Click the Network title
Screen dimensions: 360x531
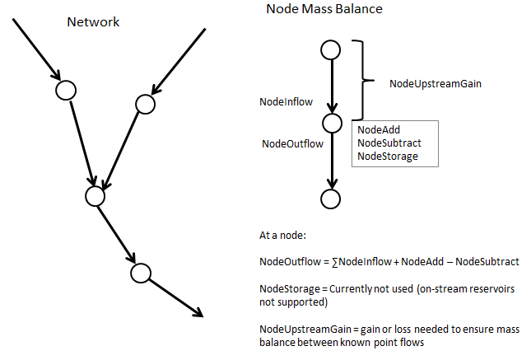point(93,21)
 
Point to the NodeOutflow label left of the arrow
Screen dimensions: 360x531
point(292,143)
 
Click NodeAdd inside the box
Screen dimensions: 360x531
point(380,129)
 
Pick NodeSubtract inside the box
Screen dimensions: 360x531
point(389,143)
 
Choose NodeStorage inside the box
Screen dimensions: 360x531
point(388,156)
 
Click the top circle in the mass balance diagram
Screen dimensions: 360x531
point(331,49)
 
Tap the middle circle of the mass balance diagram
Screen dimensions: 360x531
point(331,124)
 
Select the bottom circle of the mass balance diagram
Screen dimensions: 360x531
point(331,199)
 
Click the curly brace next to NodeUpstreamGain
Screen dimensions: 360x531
point(359,80)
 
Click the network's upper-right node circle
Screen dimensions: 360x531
point(146,104)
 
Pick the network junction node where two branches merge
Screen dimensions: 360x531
point(95,196)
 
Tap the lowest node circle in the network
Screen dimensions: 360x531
point(140,272)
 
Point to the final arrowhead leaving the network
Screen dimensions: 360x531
point(198,312)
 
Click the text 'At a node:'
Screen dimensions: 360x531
point(283,236)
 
